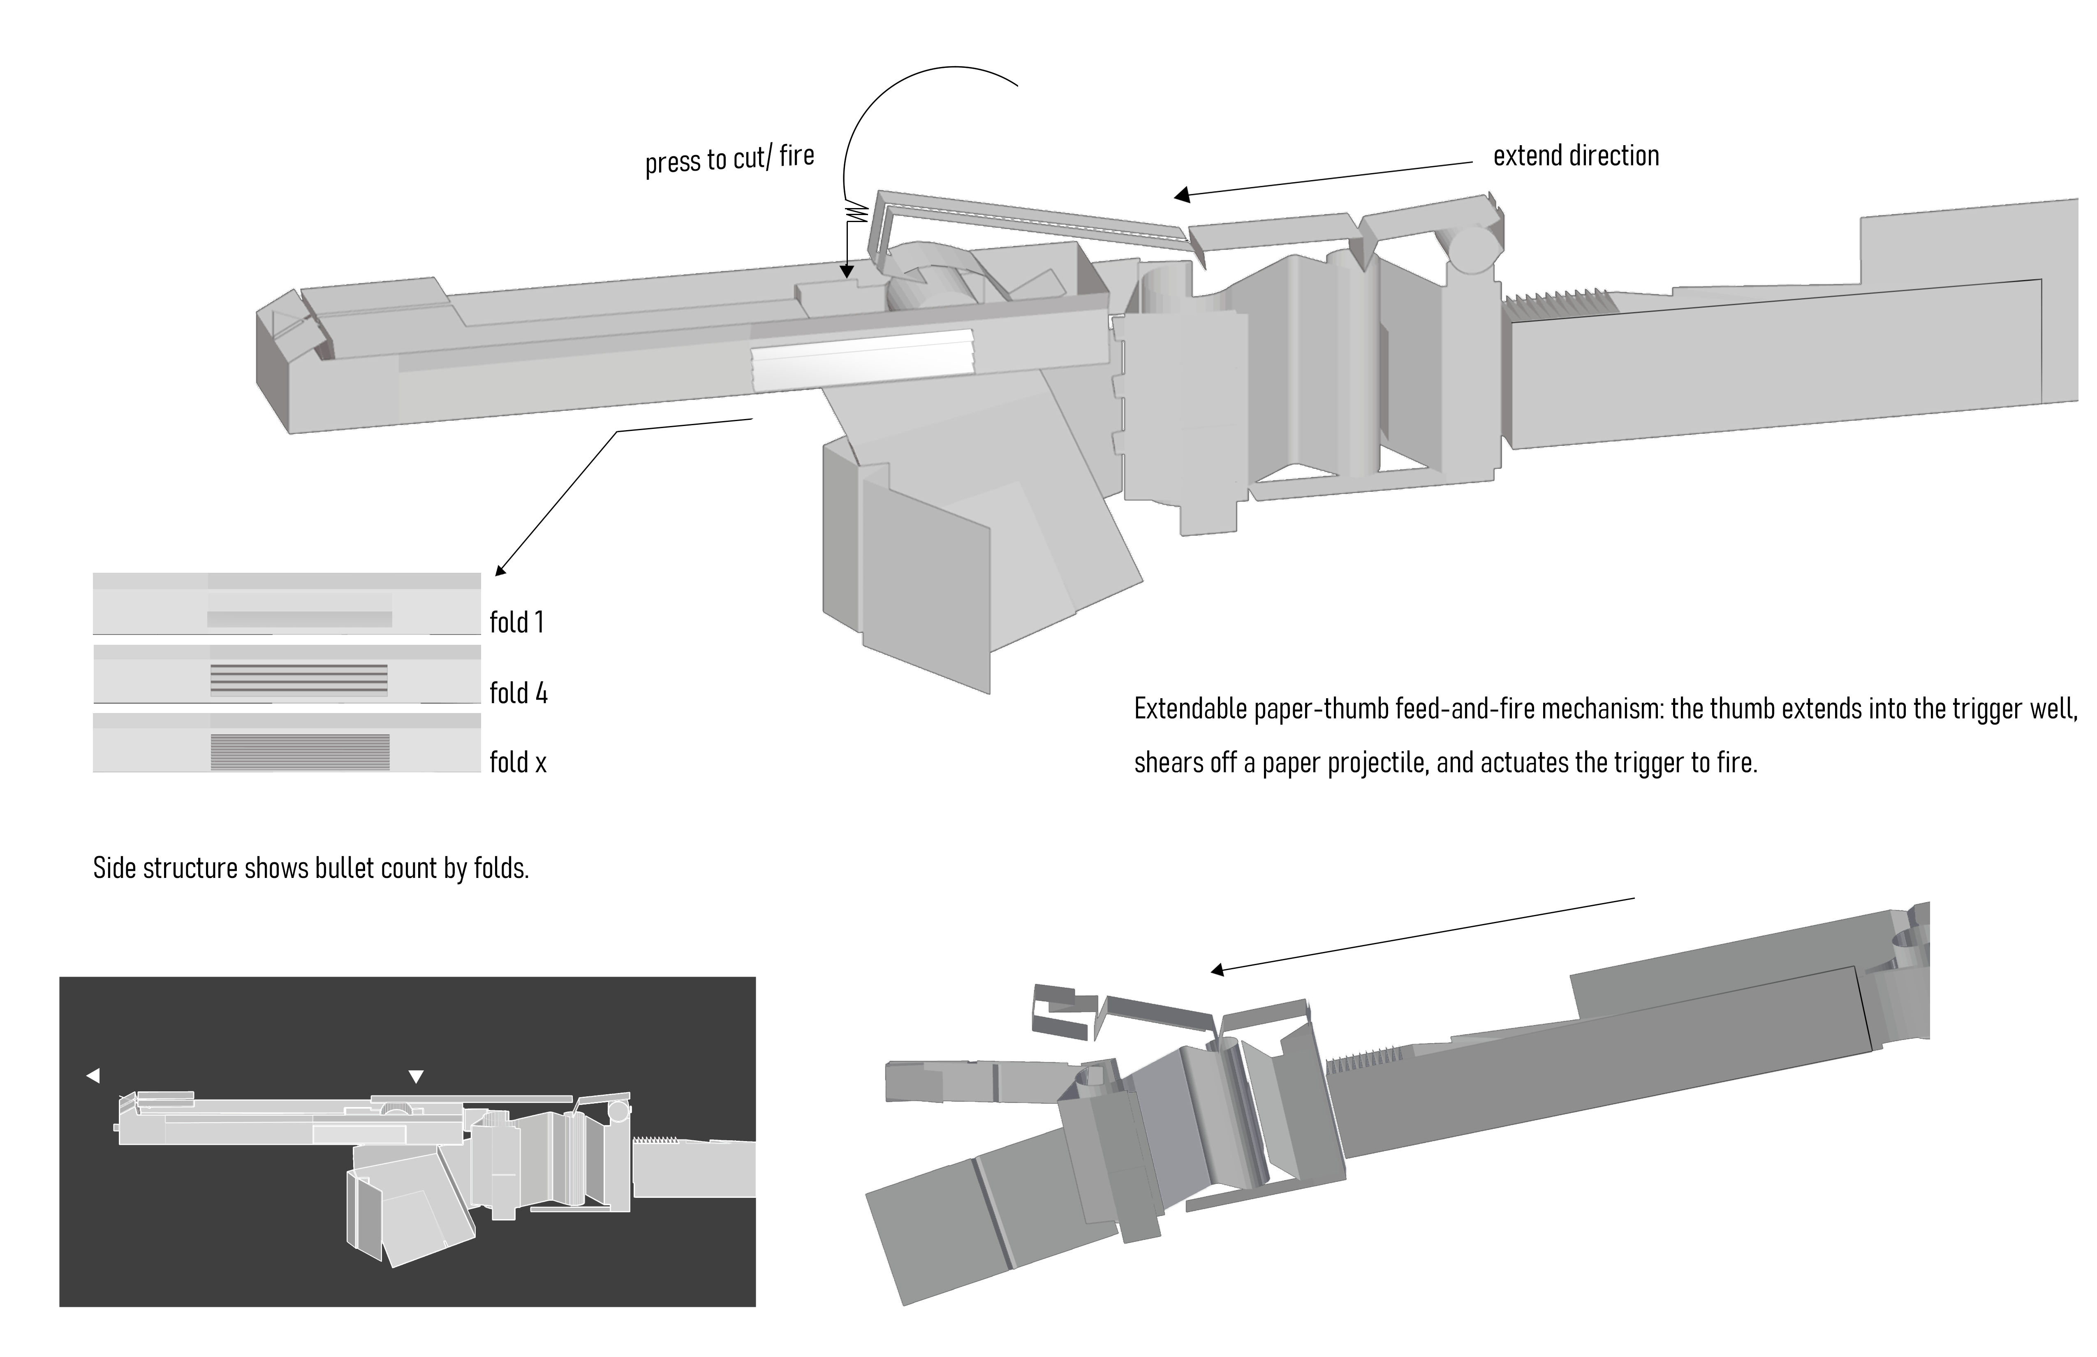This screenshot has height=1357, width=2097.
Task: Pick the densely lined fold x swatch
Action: pyautogui.click(x=300, y=752)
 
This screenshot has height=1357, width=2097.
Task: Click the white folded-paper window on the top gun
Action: pyautogui.click(x=863, y=359)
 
